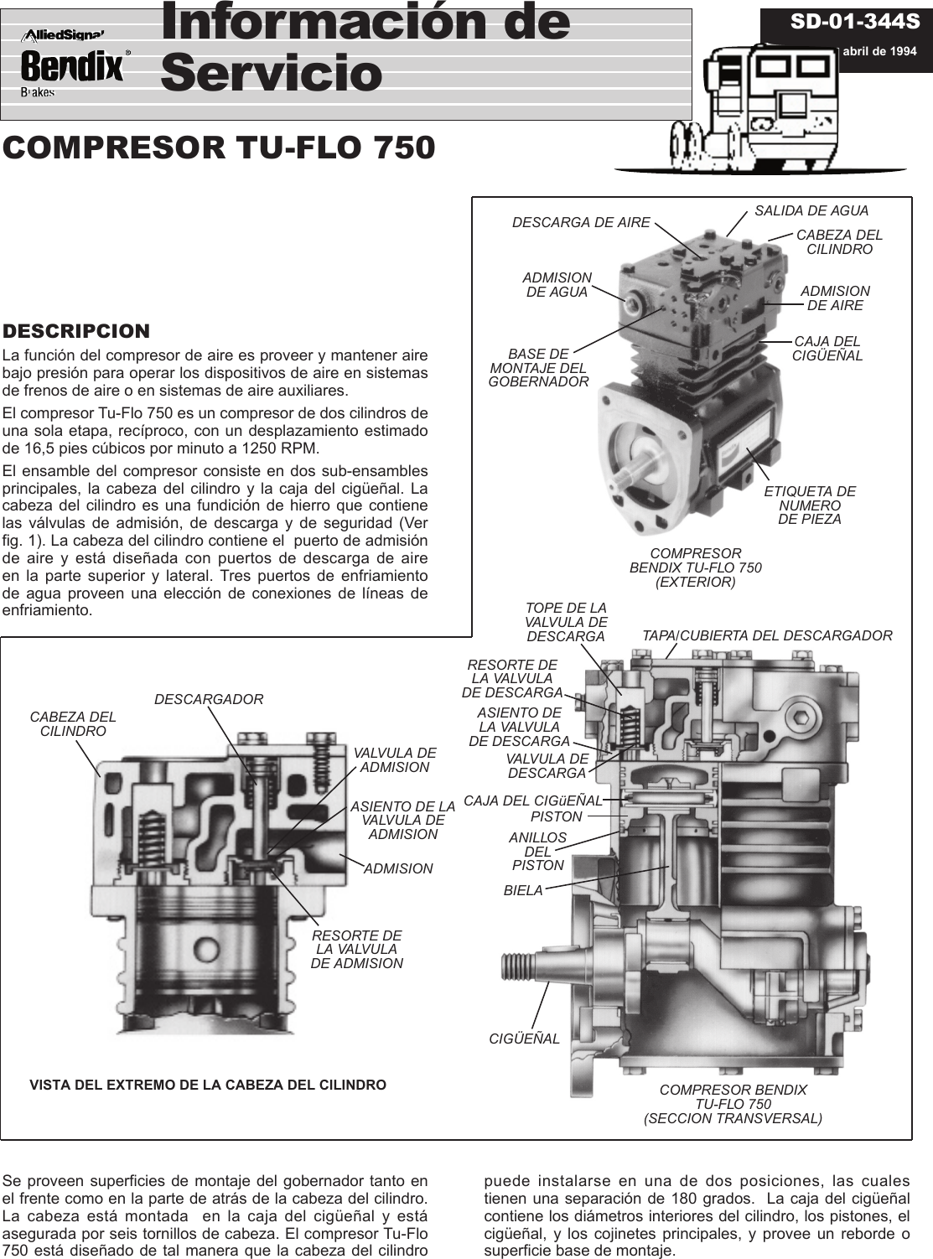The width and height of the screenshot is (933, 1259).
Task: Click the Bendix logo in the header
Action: coord(72,66)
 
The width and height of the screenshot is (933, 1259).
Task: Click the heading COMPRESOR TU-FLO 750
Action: coord(219,148)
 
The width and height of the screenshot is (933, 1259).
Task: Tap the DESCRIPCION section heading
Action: coord(76,331)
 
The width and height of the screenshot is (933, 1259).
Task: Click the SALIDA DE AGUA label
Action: coord(811,211)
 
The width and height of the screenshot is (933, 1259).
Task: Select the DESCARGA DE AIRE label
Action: coord(581,223)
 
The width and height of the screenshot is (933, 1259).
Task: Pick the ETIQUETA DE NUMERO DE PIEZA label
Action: coord(809,505)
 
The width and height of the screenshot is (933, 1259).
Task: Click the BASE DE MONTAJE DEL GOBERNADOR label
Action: coord(538,368)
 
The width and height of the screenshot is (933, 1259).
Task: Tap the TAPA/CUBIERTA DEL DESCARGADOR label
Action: coord(766,635)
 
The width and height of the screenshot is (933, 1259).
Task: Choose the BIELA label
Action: coord(523,891)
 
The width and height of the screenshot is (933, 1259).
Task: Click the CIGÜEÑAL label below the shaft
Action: coord(524,1039)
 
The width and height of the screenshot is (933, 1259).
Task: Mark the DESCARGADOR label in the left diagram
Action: coord(209,699)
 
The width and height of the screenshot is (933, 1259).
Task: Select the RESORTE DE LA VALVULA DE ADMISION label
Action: coord(356,950)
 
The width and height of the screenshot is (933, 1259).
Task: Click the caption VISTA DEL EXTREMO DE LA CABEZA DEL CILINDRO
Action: coord(208,1085)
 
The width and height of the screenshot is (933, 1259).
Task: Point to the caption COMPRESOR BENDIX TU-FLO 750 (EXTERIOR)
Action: coord(695,567)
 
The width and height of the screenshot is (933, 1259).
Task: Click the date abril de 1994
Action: coord(879,50)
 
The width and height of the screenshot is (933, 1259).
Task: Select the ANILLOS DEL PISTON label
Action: coord(538,851)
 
